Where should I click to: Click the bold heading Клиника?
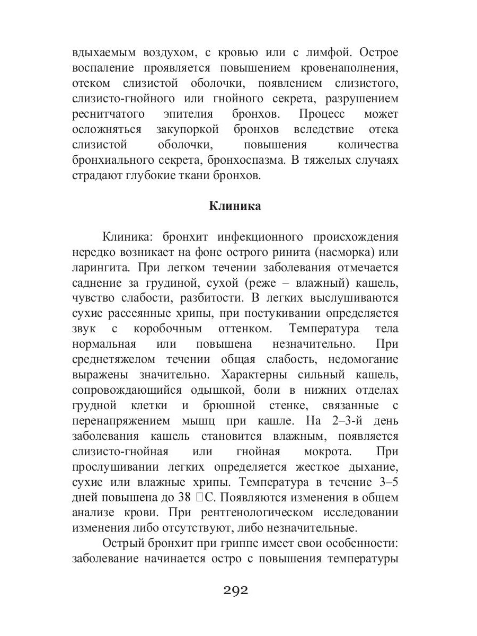tap(235, 206)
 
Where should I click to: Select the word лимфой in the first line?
tap(337, 53)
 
